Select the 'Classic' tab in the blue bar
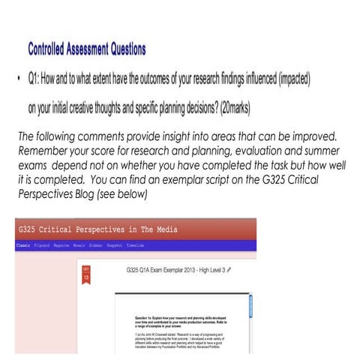click(x=27, y=244)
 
